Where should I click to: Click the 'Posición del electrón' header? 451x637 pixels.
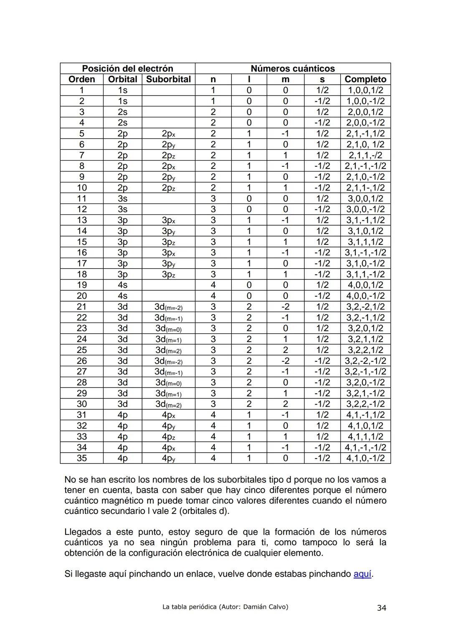(127, 68)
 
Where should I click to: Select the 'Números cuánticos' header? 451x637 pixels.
(292, 68)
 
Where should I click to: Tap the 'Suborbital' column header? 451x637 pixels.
(168, 79)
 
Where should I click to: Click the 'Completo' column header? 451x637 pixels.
(365, 79)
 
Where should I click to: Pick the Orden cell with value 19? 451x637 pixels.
(82, 285)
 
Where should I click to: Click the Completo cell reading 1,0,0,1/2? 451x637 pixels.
(365, 90)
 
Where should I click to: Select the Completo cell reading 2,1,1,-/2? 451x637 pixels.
(365, 155)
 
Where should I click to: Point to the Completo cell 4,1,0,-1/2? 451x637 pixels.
(365, 458)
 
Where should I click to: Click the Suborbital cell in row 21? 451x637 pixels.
(168, 307)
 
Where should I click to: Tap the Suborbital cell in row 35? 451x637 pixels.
(168, 458)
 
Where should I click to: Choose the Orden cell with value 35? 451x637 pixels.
(82, 458)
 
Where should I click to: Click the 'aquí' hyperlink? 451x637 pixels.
(362, 574)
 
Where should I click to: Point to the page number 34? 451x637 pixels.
(381, 608)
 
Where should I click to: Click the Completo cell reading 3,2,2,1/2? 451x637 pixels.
(365, 350)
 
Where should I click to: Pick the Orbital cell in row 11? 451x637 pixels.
(122, 199)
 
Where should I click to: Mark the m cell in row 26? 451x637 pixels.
(285, 361)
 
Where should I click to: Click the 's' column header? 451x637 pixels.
(322, 79)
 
